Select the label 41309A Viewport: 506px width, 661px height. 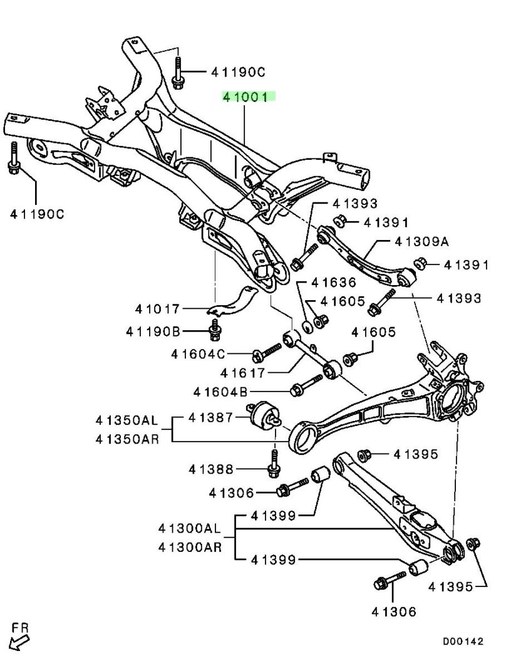point(422,241)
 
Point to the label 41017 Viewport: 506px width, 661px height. point(158,309)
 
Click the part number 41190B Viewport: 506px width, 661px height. point(153,331)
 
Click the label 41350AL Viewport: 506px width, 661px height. point(128,419)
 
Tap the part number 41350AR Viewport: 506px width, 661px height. point(128,439)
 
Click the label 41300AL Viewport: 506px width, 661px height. point(191,529)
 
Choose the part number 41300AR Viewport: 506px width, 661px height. point(191,548)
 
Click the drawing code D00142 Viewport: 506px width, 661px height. point(464,642)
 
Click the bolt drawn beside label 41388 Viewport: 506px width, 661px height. point(274,462)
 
